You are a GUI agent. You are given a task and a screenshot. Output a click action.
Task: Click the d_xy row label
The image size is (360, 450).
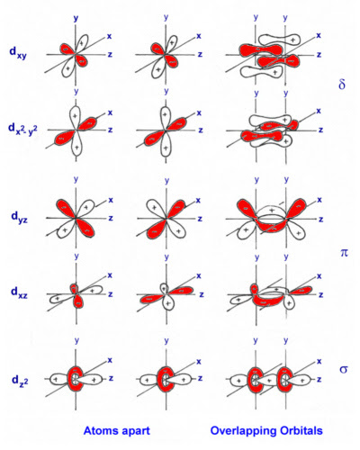pos(18,53)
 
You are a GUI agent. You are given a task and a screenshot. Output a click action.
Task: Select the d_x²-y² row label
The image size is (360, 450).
pos(22,130)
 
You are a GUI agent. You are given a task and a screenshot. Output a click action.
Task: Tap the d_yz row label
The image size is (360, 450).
pos(19,217)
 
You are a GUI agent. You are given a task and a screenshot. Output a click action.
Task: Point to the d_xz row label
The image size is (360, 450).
pos(19,292)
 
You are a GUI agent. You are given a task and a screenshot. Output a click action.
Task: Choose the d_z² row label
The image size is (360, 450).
pos(20,380)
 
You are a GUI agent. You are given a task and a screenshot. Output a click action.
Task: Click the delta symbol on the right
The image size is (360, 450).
pos(342,84)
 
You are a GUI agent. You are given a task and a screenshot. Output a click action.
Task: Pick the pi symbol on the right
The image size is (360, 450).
pos(344,253)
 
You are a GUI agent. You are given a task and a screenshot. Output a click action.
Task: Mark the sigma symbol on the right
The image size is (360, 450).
pos(344,369)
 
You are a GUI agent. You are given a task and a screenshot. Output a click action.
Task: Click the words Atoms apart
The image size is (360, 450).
pos(117,431)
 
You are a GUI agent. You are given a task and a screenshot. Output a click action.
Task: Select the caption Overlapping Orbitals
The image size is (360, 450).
pos(266,431)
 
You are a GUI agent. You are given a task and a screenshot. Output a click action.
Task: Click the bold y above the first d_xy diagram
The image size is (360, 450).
pos(76,18)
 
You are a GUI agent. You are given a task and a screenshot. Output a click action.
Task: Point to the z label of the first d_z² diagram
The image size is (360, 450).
pos(111,378)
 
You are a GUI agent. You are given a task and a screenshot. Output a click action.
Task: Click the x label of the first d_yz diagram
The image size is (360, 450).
pos(111,200)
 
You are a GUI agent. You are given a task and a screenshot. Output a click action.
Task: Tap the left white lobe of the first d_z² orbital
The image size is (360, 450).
pos(58,379)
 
